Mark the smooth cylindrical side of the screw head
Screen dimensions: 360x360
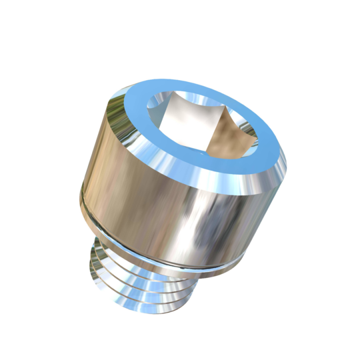coord(160,187)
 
